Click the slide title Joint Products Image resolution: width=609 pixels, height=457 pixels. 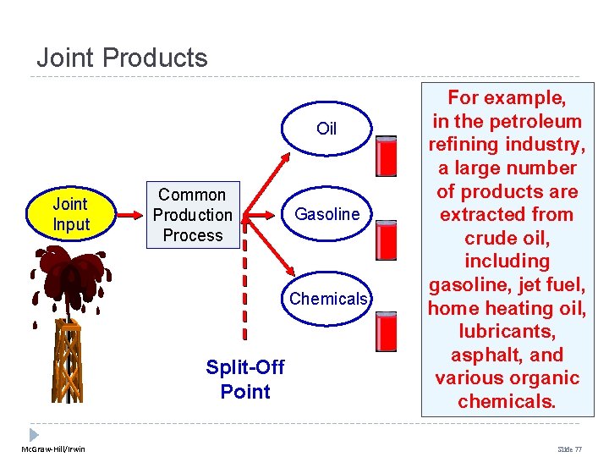click(122, 58)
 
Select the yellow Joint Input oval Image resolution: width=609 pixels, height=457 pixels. click(70, 214)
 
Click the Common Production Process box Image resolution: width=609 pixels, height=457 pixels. click(192, 215)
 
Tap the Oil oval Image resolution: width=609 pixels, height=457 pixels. click(326, 129)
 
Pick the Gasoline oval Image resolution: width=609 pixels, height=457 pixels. click(326, 214)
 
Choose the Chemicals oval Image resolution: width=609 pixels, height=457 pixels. click(327, 299)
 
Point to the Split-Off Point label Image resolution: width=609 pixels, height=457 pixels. click(245, 379)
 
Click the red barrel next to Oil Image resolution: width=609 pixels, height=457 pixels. click(387, 156)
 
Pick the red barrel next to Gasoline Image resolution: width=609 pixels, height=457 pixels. click(387, 240)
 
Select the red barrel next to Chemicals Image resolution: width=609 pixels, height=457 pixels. click(387, 331)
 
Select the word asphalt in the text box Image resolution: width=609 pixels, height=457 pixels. click(478, 355)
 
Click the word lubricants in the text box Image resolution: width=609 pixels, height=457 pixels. click(507, 331)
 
